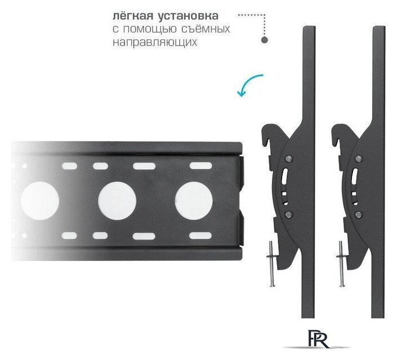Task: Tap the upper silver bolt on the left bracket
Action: pos(288,158)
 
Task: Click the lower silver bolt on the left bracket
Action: pos(288,214)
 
